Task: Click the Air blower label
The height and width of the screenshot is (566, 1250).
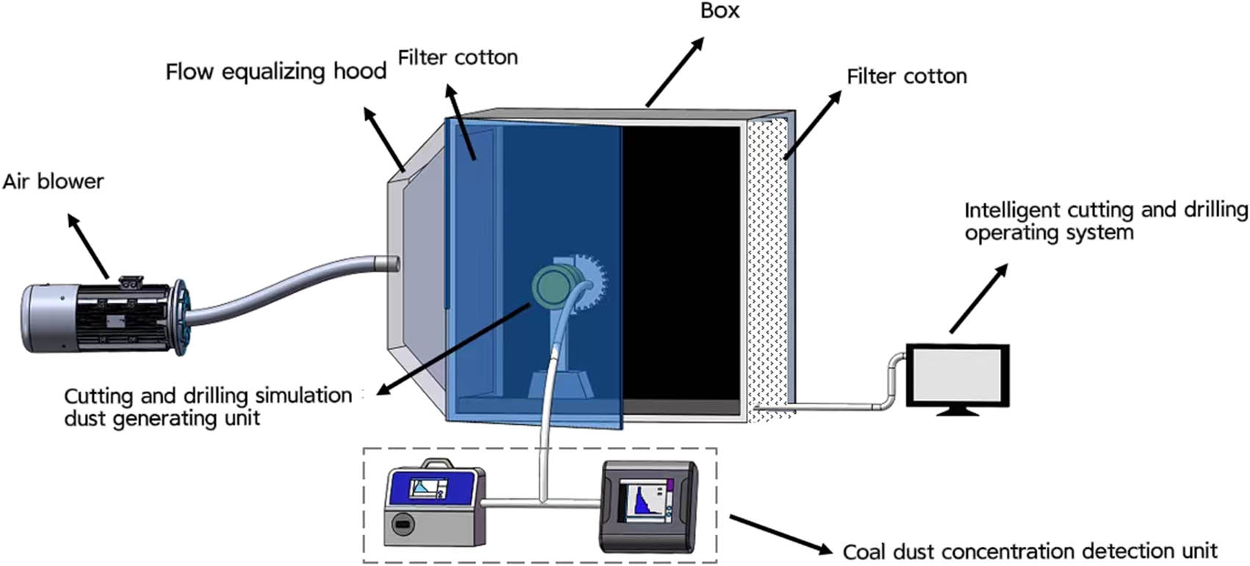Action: pos(53,182)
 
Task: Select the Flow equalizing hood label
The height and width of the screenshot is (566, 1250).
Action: pos(276,72)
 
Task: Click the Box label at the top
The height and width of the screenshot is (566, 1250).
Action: pos(719,10)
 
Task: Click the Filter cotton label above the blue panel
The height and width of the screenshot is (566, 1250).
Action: pos(458,57)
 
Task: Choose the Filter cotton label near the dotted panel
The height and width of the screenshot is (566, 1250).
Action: pos(906,76)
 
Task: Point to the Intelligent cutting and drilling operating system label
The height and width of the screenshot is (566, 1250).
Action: pos(1106,221)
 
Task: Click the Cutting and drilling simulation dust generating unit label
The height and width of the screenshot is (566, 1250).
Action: pos(208,406)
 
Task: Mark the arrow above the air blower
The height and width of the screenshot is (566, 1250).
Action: pos(89,246)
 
